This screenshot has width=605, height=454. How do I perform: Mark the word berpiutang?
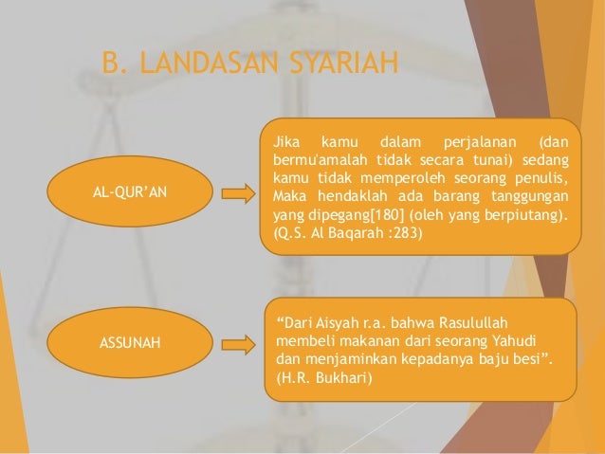click(523, 214)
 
